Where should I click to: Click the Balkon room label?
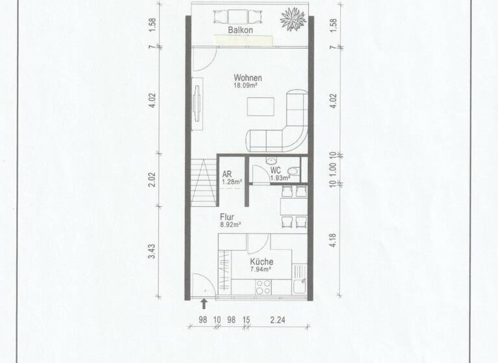(x=239, y=30)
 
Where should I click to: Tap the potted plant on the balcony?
(x=292, y=18)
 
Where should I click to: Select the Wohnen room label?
(x=248, y=78)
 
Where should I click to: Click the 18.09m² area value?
(x=248, y=86)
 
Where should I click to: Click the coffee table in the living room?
(x=263, y=104)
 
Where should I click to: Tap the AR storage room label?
(x=227, y=174)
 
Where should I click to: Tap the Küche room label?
(x=261, y=262)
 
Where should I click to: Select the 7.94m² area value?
(x=261, y=269)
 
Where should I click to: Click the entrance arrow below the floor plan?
(x=204, y=302)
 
